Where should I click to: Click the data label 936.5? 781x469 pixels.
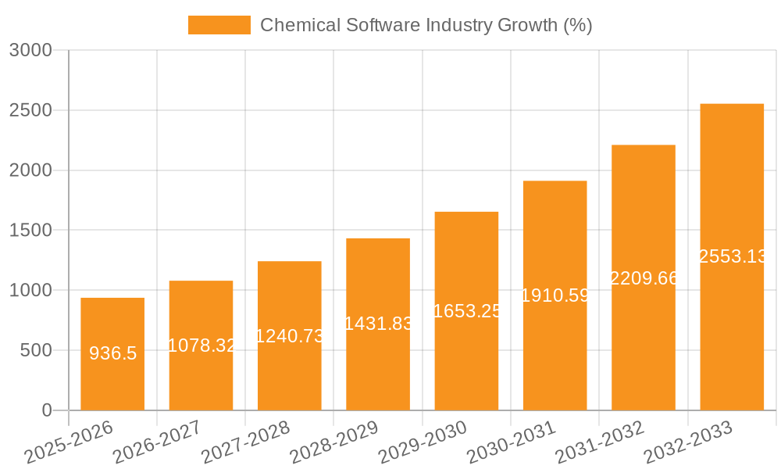pyautogui.click(x=112, y=353)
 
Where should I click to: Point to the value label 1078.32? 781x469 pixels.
pyautogui.click(x=201, y=345)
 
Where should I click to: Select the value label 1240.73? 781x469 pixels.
pyautogui.click(x=290, y=335)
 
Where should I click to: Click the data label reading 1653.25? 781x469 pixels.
pyautogui.click(x=466, y=310)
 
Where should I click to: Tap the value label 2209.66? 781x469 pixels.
pyautogui.click(x=644, y=277)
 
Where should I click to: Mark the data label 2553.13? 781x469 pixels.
pyautogui.click(x=732, y=256)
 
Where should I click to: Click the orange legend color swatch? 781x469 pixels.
pyautogui.click(x=219, y=25)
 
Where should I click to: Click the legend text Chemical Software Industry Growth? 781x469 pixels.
pyautogui.click(x=426, y=25)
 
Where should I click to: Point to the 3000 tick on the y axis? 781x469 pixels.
pyautogui.click(x=30, y=50)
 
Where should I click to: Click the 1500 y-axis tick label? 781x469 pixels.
pyautogui.click(x=30, y=231)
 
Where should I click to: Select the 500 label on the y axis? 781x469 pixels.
pyautogui.click(x=36, y=350)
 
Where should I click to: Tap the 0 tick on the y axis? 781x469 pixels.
pyautogui.click(x=46, y=410)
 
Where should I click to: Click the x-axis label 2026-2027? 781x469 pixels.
pyautogui.click(x=157, y=442)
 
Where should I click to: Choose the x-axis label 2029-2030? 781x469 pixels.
pyautogui.click(x=423, y=442)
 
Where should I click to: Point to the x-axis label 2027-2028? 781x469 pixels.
pyautogui.click(x=245, y=442)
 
